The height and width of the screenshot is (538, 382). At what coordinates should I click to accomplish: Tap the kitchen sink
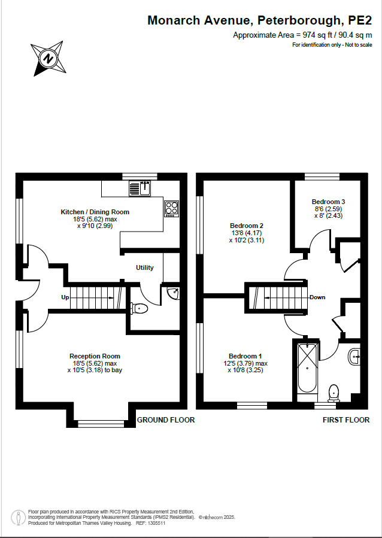pos(140,189)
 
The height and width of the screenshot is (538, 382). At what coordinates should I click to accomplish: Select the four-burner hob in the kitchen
pos(172,209)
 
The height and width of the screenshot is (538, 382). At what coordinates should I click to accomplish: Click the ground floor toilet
pos(139,308)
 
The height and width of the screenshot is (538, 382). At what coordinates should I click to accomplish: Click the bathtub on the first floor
pos(307,368)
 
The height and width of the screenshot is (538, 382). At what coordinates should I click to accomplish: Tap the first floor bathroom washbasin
pos(354,357)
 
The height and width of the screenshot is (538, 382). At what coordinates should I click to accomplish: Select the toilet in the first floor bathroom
pos(334,393)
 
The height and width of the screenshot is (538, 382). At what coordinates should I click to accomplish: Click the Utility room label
pos(145,268)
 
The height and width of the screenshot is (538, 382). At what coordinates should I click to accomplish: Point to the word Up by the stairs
pos(65,297)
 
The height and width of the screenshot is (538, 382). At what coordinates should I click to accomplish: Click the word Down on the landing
pos(317,297)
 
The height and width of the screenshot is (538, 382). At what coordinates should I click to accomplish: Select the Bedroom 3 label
pos(329,202)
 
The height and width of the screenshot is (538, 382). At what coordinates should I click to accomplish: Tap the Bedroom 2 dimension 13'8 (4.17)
pos(247,233)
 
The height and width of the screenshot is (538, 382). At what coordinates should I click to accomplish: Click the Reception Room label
pos(95,356)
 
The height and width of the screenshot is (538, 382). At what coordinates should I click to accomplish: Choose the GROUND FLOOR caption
pos(166,420)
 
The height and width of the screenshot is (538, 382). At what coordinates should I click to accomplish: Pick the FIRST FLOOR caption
pos(346,420)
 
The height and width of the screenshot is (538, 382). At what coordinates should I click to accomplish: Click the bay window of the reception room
pos(101,424)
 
